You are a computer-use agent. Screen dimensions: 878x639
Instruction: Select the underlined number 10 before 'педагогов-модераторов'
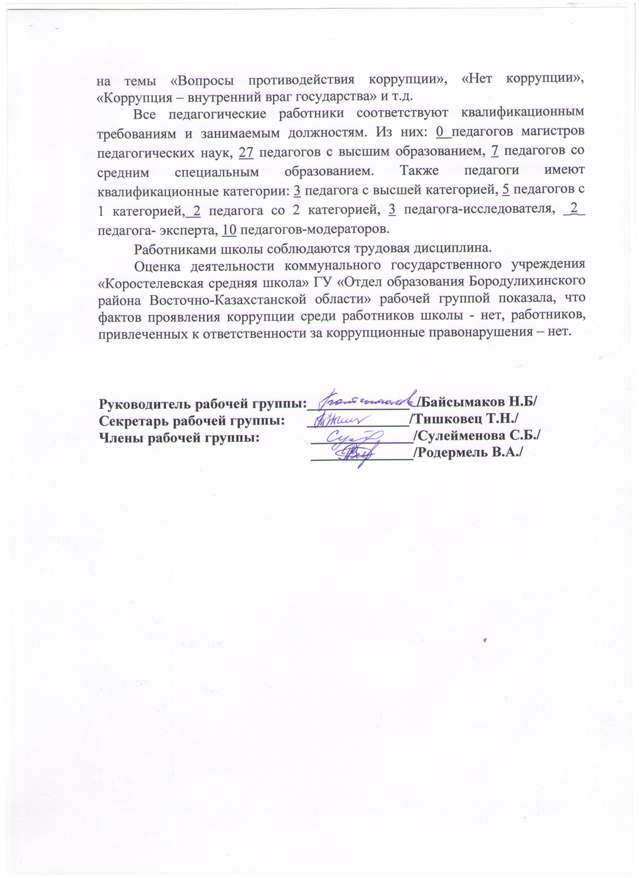click(230, 229)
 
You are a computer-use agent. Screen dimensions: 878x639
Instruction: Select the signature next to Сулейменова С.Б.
click(354, 438)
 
